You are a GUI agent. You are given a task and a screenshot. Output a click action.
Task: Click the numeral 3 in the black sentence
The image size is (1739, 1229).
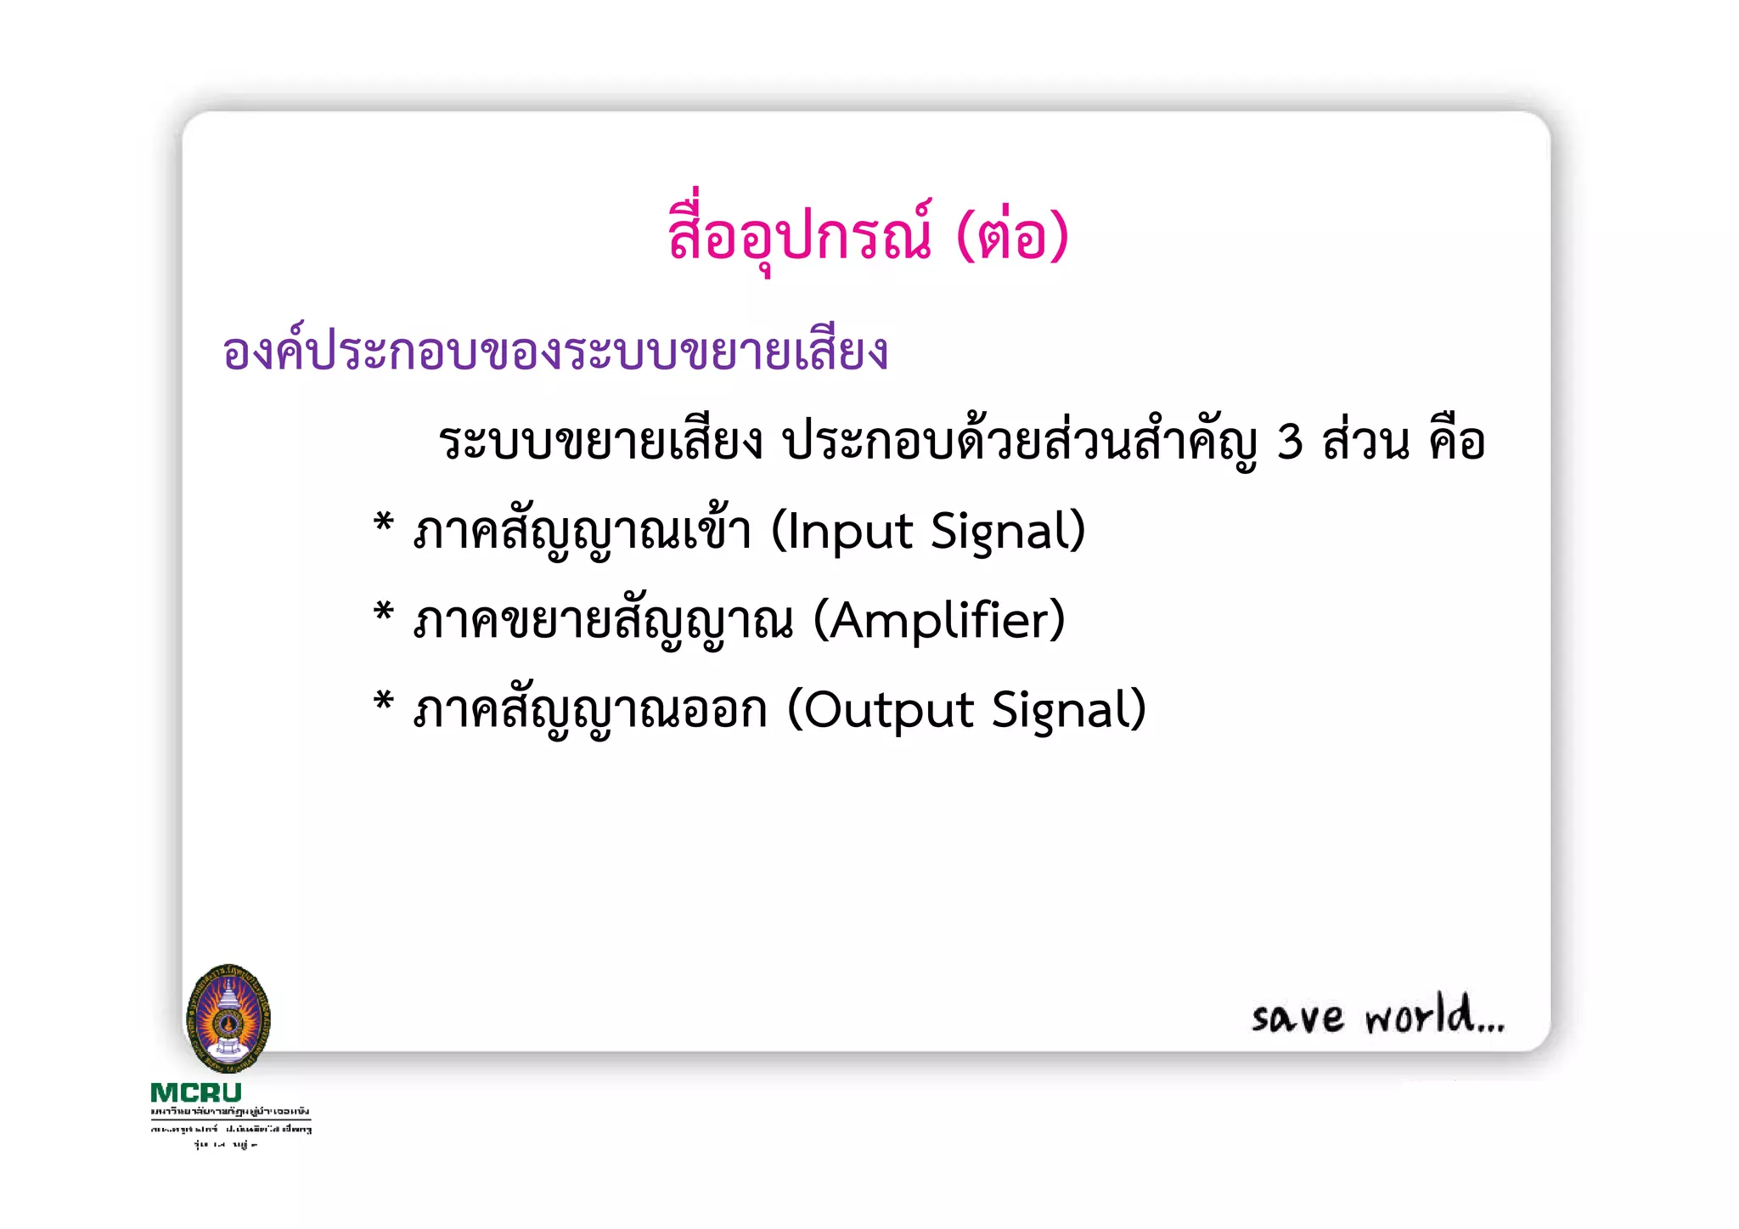point(1289,443)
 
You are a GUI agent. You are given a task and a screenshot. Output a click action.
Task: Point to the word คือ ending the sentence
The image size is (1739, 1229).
point(1457,443)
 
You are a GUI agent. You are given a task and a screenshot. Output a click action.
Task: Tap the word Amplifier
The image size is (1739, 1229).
point(939,622)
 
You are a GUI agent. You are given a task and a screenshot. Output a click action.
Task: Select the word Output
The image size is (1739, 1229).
point(888,710)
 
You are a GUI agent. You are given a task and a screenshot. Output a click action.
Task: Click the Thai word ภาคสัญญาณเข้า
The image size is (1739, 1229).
point(582,533)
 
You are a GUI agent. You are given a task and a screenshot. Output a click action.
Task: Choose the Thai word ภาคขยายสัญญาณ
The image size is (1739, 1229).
point(603,622)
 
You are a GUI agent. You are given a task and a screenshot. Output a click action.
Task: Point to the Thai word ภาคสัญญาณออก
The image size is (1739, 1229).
point(590,710)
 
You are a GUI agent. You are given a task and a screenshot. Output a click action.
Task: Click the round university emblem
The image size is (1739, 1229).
point(228,1018)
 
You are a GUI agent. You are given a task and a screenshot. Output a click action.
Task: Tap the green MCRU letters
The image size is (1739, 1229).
point(196,1092)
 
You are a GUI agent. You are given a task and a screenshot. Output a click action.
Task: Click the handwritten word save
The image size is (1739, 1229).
point(1297,1017)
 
